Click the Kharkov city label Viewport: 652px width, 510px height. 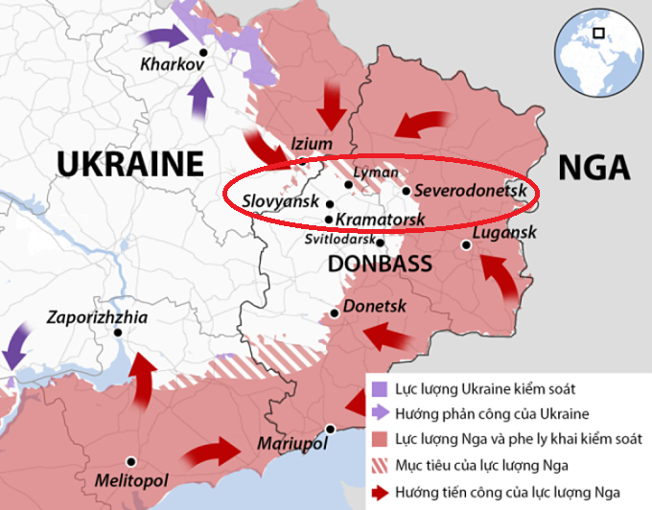click(173, 66)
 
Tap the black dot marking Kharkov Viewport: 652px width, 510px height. click(203, 54)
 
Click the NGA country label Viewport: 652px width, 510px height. click(594, 166)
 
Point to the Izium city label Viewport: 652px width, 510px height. click(312, 144)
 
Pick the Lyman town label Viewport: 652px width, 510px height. click(376, 172)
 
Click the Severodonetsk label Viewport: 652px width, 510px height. click(472, 191)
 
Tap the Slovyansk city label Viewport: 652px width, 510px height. click(281, 203)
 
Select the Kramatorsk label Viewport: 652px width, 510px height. click(382, 220)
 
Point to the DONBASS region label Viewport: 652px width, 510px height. click(380, 264)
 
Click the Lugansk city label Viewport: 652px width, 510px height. click(504, 233)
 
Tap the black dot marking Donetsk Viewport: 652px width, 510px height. click(335, 313)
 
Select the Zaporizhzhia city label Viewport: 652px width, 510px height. click(105, 316)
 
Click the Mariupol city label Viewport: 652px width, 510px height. click(292, 444)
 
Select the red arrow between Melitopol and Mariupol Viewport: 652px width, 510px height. click(215, 452)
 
